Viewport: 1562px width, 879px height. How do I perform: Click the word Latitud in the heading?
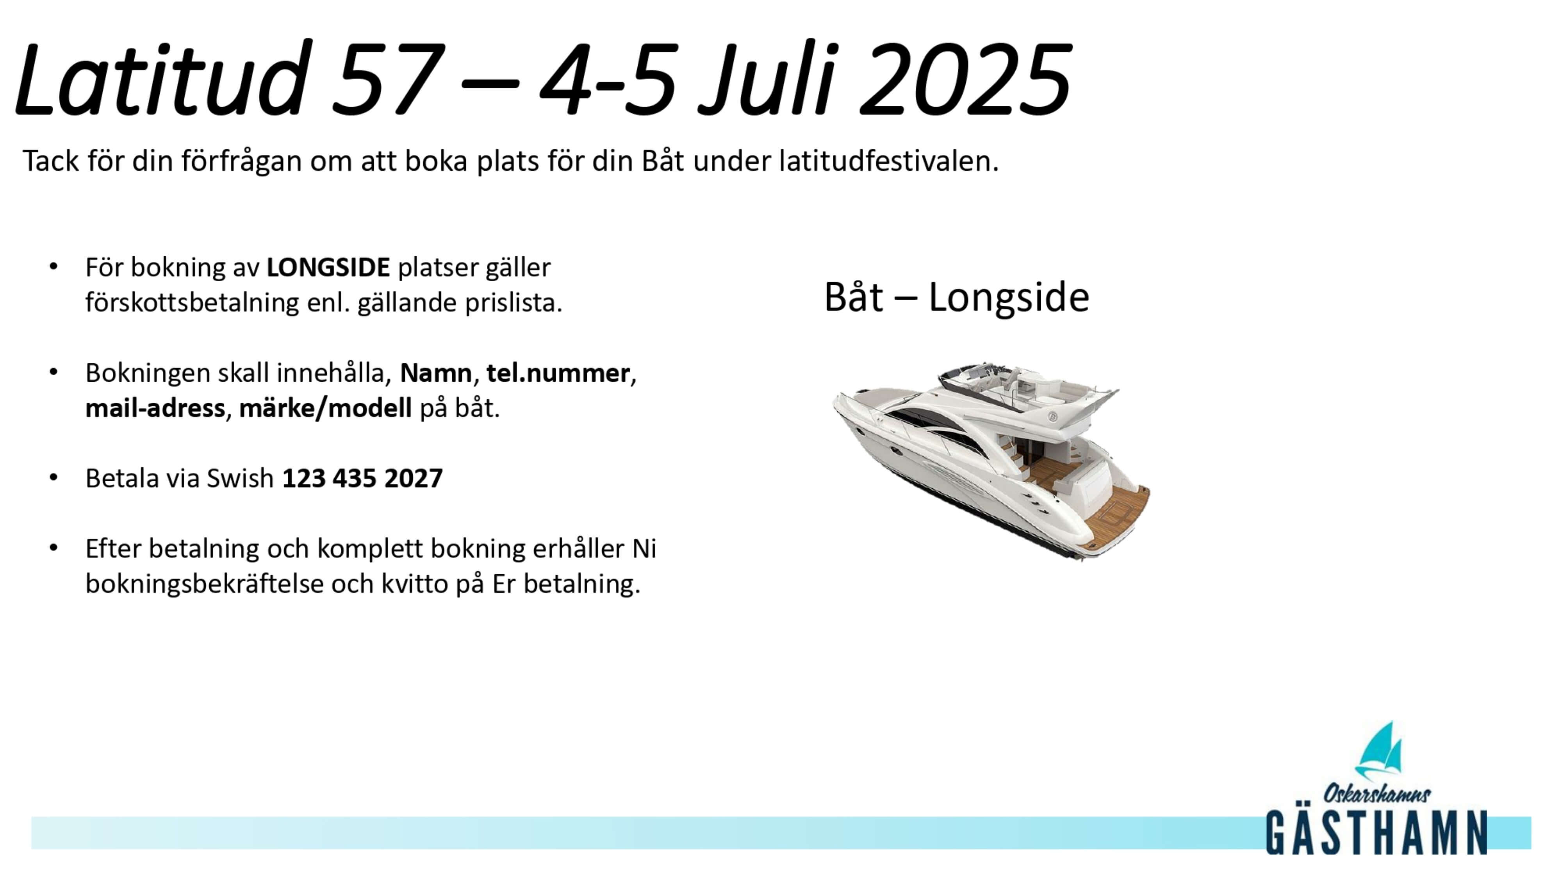pyautogui.click(x=159, y=78)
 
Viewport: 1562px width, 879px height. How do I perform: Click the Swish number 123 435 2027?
pyautogui.click(x=363, y=479)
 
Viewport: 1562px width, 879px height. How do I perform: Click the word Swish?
pyautogui.click(x=240, y=479)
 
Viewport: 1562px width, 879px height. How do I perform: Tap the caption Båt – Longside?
pyautogui.click(x=956, y=297)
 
